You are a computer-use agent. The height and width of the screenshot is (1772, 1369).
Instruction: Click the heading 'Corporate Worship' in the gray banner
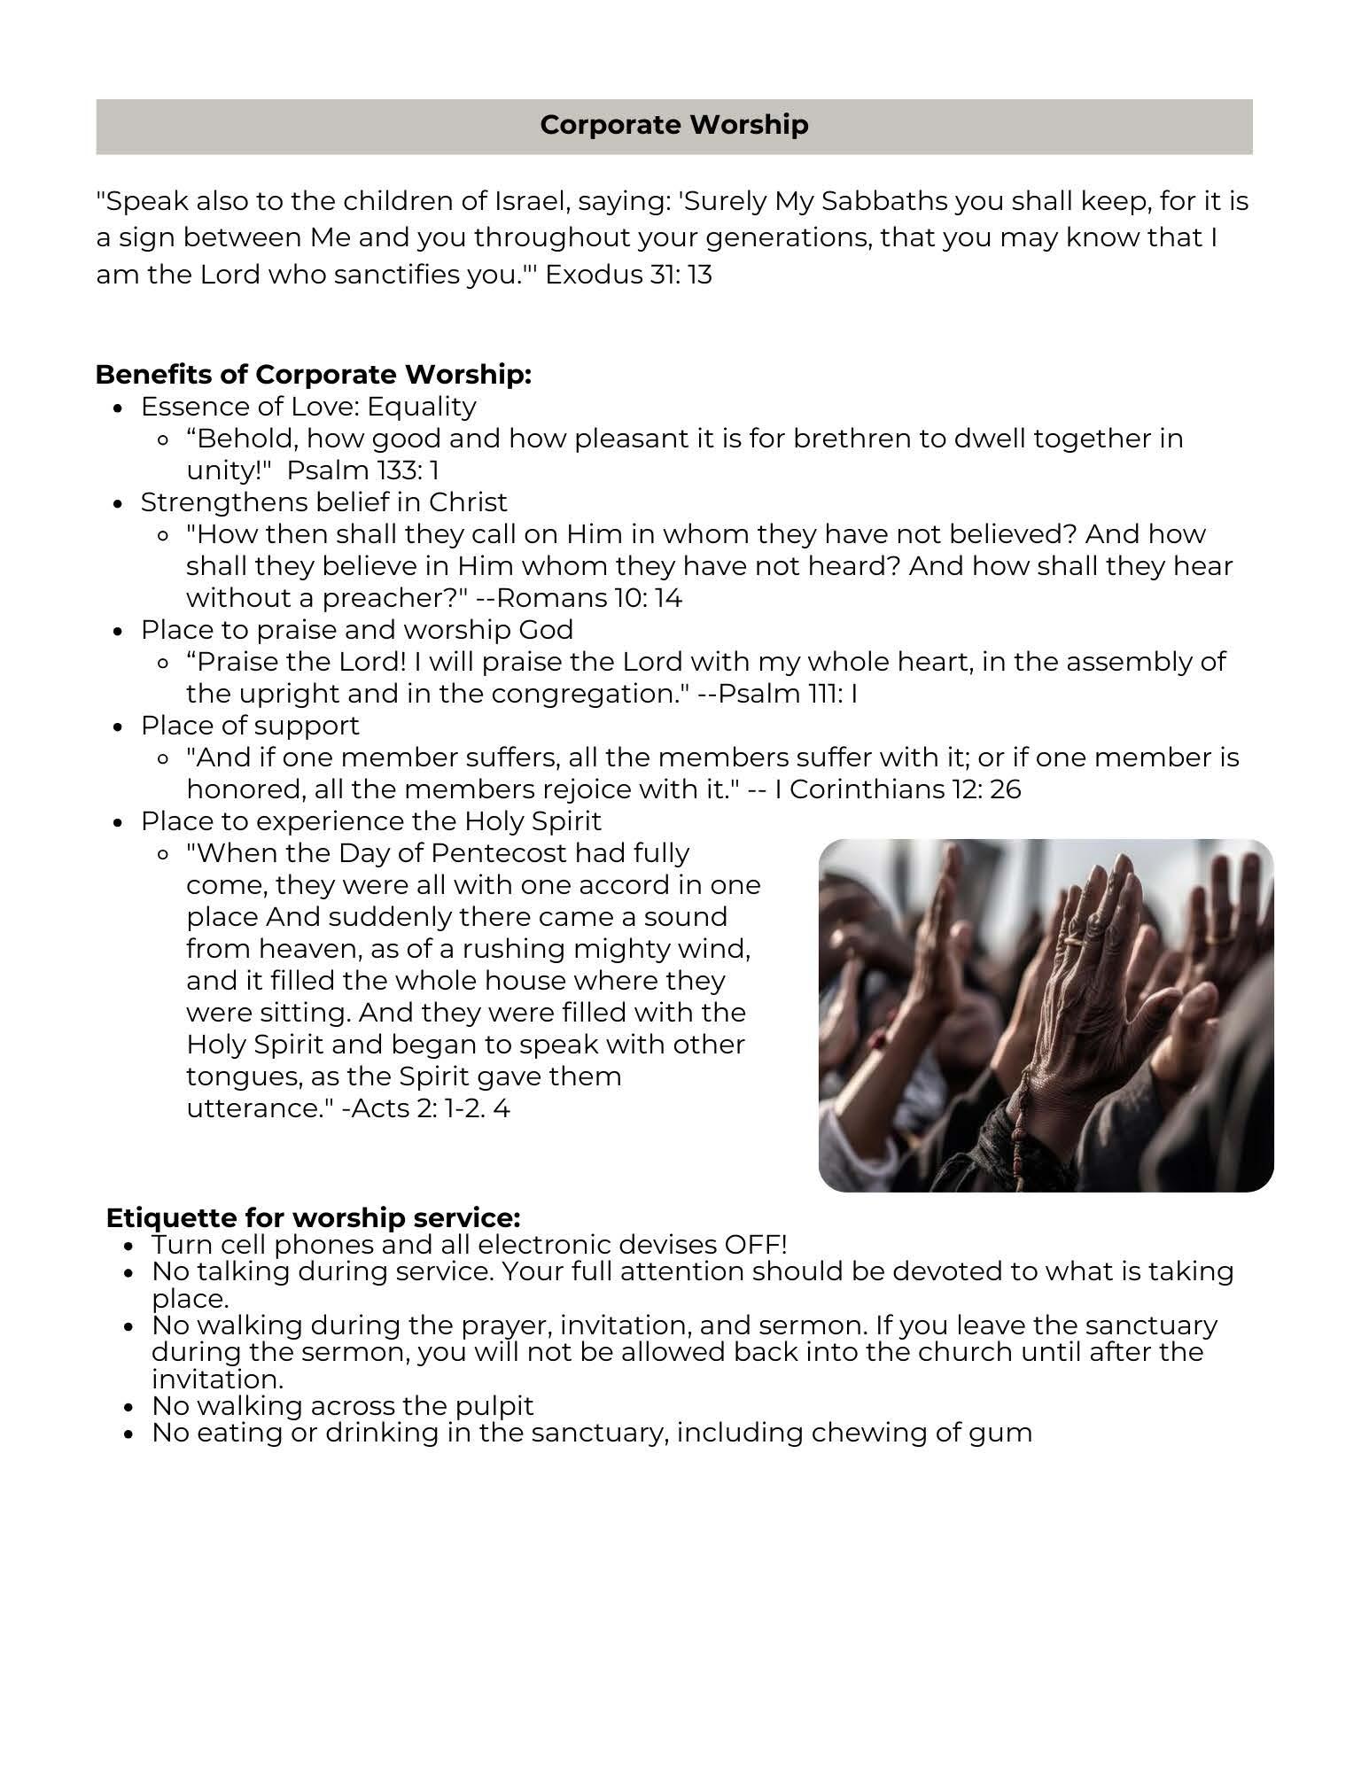[x=673, y=125]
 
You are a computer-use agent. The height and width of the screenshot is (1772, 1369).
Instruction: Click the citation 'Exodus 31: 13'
[x=628, y=275]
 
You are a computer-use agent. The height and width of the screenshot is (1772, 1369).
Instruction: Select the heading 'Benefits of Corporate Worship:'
[x=313, y=375]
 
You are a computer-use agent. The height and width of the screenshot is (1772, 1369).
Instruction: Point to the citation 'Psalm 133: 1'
[x=362, y=470]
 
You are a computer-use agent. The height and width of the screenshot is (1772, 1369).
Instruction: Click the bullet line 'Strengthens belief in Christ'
[x=323, y=502]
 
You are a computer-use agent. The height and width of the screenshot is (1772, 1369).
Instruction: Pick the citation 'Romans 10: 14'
[x=589, y=598]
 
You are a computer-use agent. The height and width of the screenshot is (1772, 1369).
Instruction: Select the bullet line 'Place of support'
[x=250, y=726]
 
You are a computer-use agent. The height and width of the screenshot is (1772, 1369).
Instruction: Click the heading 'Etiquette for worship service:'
[x=313, y=1217]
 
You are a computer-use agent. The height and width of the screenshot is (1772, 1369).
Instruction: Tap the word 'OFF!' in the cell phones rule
[x=755, y=1245]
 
